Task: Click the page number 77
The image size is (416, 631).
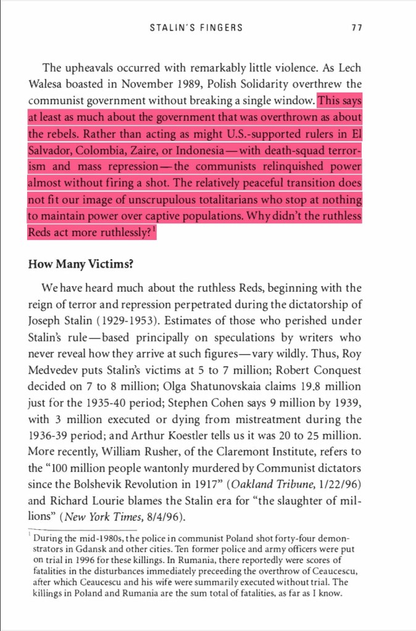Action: tap(356, 28)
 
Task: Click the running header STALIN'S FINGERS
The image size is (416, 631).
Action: tap(196, 28)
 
